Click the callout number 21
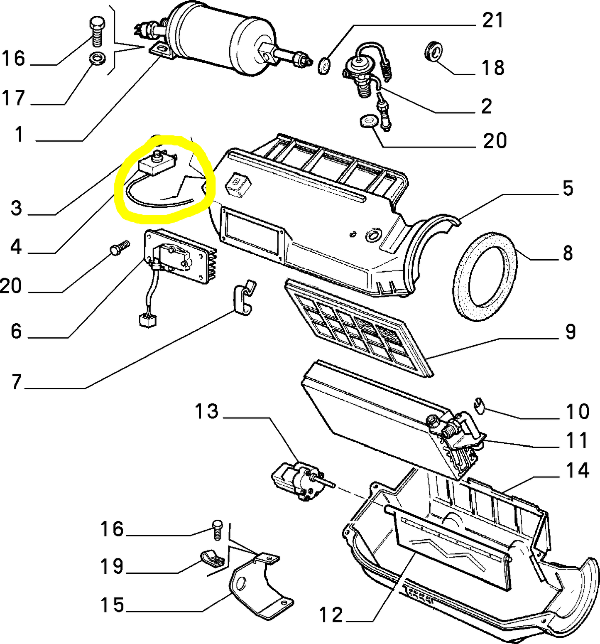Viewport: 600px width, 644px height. tap(492, 20)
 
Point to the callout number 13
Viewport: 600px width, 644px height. tap(206, 411)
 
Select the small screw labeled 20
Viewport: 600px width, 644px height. tap(119, 247)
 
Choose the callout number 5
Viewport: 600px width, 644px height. tap(568, 188)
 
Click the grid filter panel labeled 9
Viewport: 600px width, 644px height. tap(357, 326)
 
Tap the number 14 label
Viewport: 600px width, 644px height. tap(577, 470)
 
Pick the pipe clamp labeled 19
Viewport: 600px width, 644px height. tap(213, 559)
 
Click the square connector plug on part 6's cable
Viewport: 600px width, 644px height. tap(147, 321)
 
